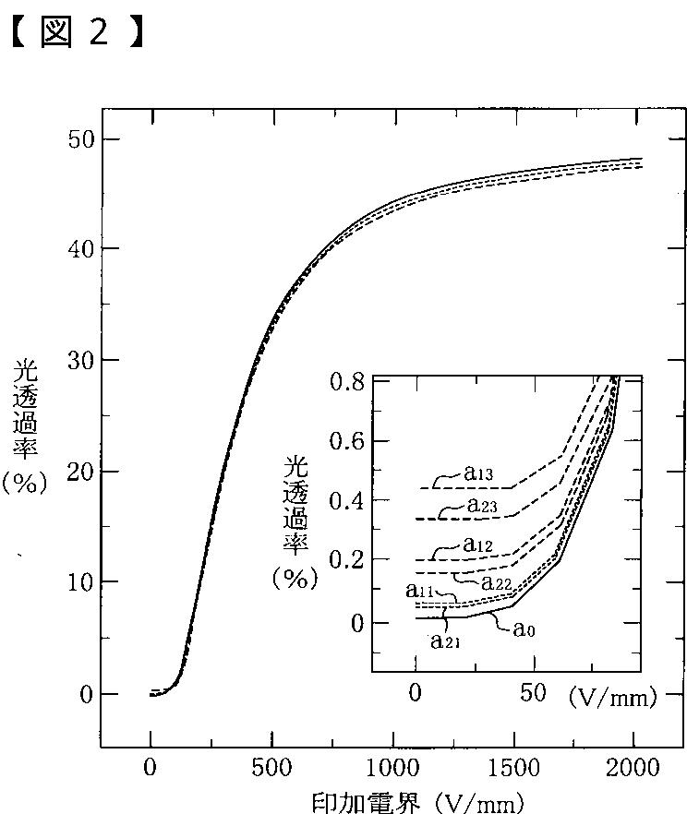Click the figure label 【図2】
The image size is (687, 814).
pyautogui.click(x=77, y=31)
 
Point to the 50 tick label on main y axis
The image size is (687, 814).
pyautogui.click(x=81, y=139)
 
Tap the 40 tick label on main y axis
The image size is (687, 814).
pyautogui.click(x=81, y=249)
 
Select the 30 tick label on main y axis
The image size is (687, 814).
pyautogui.click(x=81, y=360)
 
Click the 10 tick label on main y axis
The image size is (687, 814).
pyautogui.click(x=81, y=582)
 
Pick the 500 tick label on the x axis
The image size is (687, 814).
pyautogui.click(x=271, y=767)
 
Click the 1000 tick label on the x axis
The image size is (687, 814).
pyautogui.click(x=392, y=767)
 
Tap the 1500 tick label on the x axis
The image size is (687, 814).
pyautogui.click(x=513, y=767)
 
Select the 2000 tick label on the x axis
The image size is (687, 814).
pyautogui.click(x=633, y=767)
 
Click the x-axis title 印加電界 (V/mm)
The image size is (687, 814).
pyautogui.click(x=417, y=803)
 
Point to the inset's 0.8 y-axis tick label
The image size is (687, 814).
pyautogui.click(x=347, y=383)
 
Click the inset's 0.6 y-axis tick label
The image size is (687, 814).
pyautogui.click(x=347, y=441)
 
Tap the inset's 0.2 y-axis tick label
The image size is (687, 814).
pyautogui.click(x=347, y=559)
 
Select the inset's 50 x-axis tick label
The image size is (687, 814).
pyautogui.click(x=533, y=692)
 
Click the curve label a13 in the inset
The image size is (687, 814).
pyautogui.click(x=478, y=473)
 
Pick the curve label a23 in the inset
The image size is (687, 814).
pyautogui.click(x=482, y=505)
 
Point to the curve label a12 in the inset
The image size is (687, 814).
pyautogui.click(x=477, y=545)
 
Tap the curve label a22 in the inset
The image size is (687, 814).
pyautogui.click(x=497, y=582)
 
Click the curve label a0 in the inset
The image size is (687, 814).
pyautogui.click(x=524, y=628)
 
